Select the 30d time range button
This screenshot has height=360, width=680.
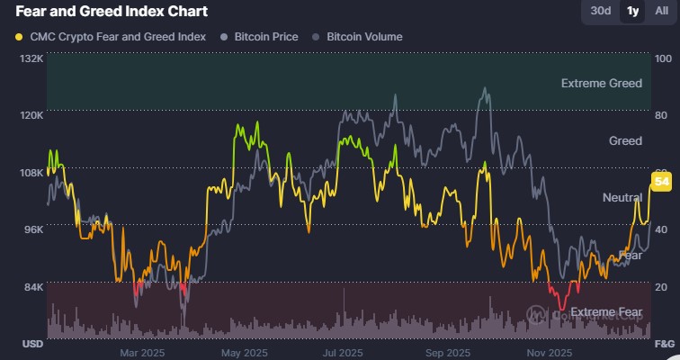600,11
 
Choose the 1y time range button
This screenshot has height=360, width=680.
632,11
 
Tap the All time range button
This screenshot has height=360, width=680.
661,11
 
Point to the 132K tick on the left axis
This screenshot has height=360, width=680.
31,58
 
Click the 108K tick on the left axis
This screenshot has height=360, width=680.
31,173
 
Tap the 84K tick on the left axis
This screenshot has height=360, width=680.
31,287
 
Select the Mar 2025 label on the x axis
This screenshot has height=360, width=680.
140,352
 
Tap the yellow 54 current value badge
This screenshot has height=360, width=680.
661,183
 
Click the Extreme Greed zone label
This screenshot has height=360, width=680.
601,84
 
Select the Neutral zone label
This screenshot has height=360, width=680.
621,197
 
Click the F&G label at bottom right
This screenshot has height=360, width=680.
664,345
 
